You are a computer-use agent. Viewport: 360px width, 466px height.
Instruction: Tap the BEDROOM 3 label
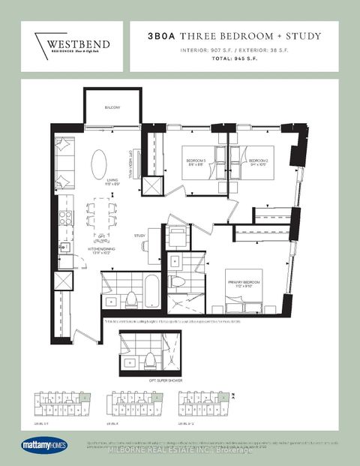point(197,160)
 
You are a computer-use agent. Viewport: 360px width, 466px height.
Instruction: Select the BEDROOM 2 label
point(259,160)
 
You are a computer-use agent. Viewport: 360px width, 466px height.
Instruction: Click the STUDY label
point(139,236)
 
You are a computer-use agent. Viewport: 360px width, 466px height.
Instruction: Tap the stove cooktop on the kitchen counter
point(65,218)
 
